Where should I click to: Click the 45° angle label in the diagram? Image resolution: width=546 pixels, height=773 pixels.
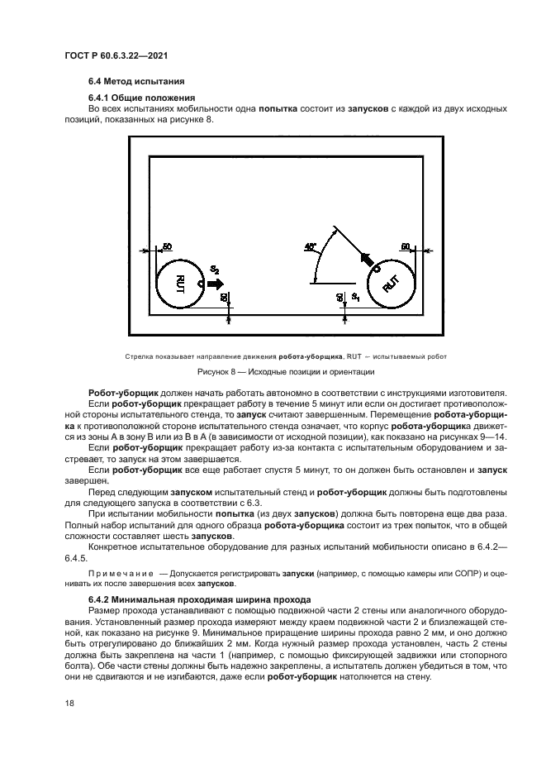[x=311, y=246]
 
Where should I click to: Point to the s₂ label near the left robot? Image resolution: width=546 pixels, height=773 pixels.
[x=214, y=270]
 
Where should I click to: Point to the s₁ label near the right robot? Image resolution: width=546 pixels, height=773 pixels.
[x=354, y=295]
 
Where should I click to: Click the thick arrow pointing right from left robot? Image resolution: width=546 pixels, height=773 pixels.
[x=216, y=284]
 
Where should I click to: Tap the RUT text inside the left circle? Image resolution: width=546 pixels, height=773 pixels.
[x=179, y=284]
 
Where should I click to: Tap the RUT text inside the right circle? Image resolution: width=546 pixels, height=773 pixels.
[x=391, y=284]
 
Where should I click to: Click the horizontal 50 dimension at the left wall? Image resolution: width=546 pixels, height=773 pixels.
[x=167, y=246]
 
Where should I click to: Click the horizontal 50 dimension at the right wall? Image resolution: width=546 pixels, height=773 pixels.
[x=406, y=246]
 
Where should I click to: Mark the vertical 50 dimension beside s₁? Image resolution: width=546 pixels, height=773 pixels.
[x=339, y=296]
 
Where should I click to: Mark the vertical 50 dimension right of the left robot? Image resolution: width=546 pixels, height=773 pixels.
[x=225, y=296]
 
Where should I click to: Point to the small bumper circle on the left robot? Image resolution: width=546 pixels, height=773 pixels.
[x=202, y=284]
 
